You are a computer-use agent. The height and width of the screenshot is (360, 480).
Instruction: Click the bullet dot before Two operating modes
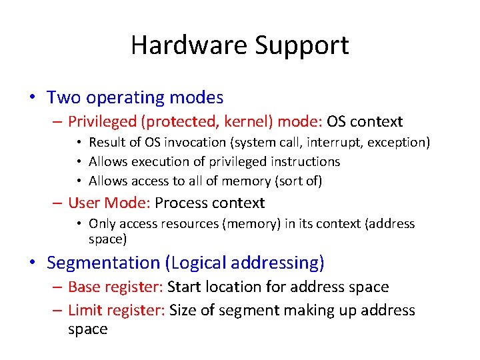(x=32, y=98)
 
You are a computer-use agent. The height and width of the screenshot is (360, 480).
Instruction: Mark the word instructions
(x=307, y=161)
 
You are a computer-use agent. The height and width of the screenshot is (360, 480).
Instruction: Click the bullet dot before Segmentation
(x=32, y=263)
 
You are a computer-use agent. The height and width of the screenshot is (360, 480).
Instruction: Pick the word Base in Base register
(x=83, y=287)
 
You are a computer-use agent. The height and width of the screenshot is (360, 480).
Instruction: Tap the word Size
(x=183, y=310)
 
